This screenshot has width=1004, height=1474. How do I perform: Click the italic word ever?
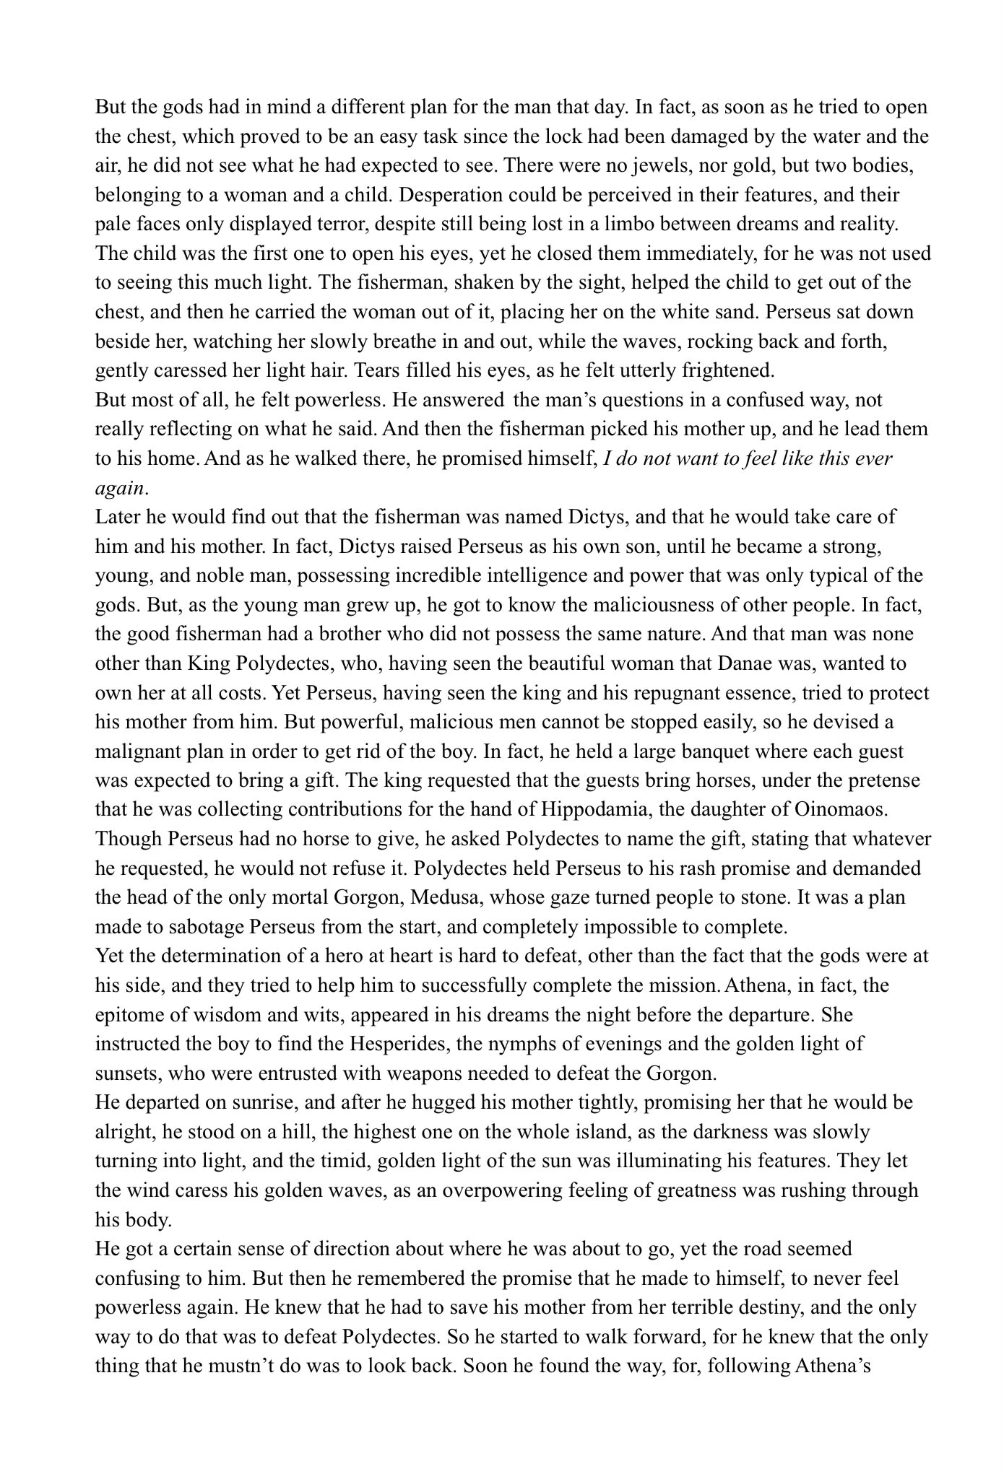[x=873, y=458]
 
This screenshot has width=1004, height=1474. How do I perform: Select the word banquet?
[x=669, y=751]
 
